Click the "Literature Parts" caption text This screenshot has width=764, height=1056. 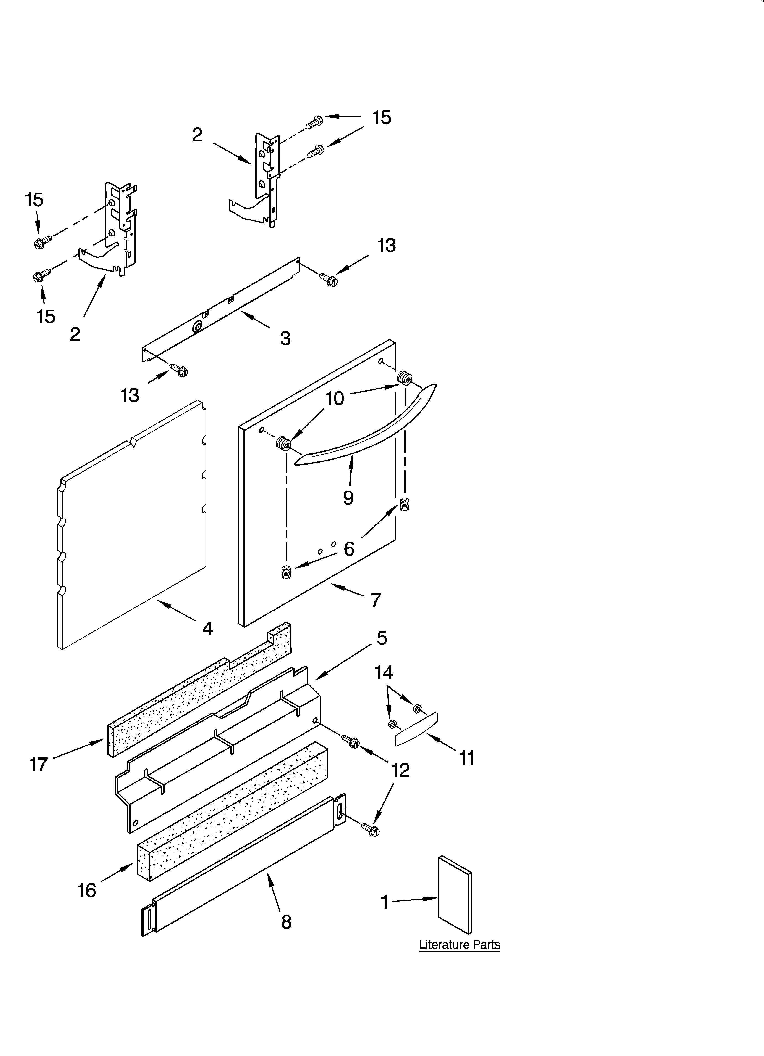459,945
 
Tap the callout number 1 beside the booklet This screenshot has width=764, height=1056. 384,902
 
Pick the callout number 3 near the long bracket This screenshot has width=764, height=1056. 285,339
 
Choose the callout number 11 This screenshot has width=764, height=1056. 467,757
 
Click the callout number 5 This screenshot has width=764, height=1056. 382,638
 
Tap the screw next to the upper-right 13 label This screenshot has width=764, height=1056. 328,279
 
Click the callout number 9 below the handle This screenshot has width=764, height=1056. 348,498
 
